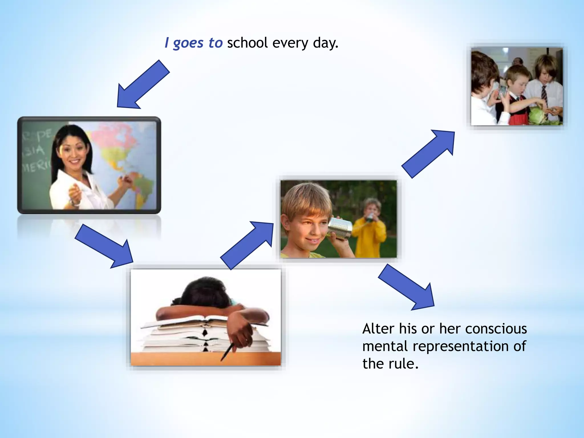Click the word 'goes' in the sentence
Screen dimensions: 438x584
click(188, 43)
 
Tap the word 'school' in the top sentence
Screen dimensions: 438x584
click(247, 43)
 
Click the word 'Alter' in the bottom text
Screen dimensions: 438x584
click(378, 329)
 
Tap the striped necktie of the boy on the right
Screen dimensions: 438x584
click(544, 94)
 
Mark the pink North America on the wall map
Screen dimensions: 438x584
click(114, 140)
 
